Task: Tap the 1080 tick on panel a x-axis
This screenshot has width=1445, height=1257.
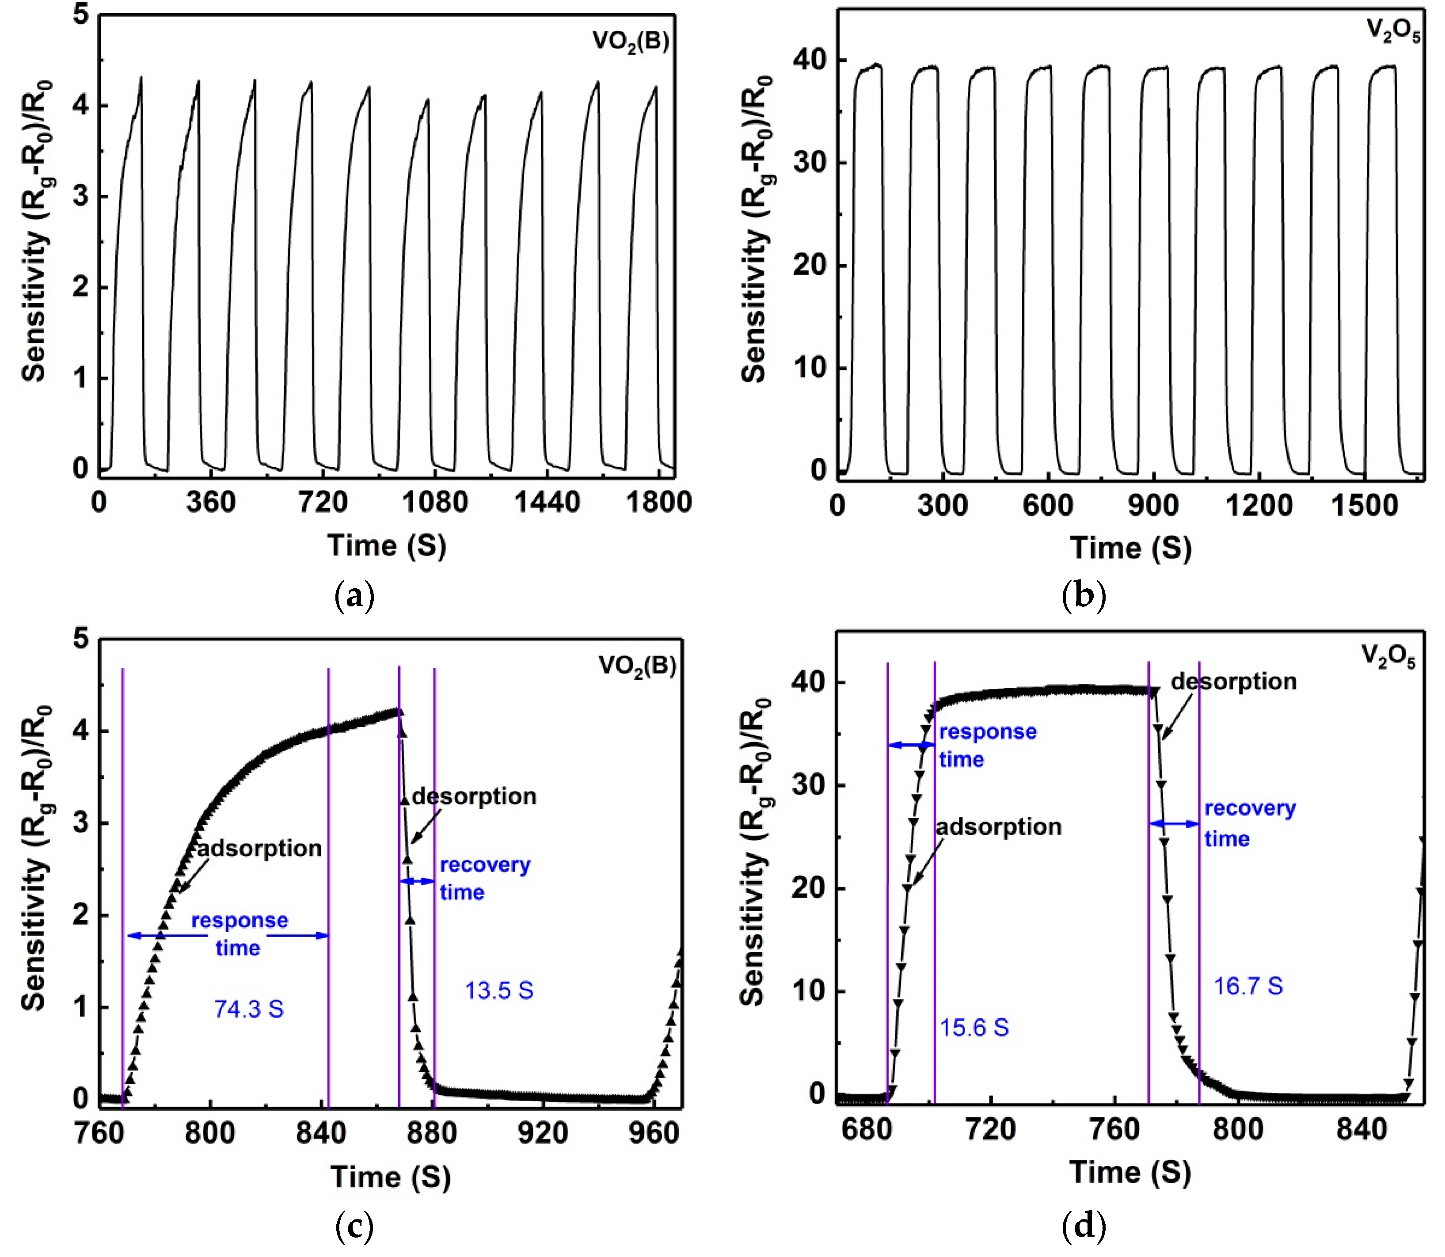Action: [435, 502]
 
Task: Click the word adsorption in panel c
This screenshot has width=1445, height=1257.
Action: [259, 848]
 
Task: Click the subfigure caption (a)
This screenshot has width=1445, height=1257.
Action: [355, 596]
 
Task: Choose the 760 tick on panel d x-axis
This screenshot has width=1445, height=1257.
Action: [1114, 1129]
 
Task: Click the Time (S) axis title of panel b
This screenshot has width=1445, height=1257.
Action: [1130, 548]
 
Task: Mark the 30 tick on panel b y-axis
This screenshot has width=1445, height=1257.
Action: [810, 162]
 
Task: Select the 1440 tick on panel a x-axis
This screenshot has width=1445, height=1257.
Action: [547, 502]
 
